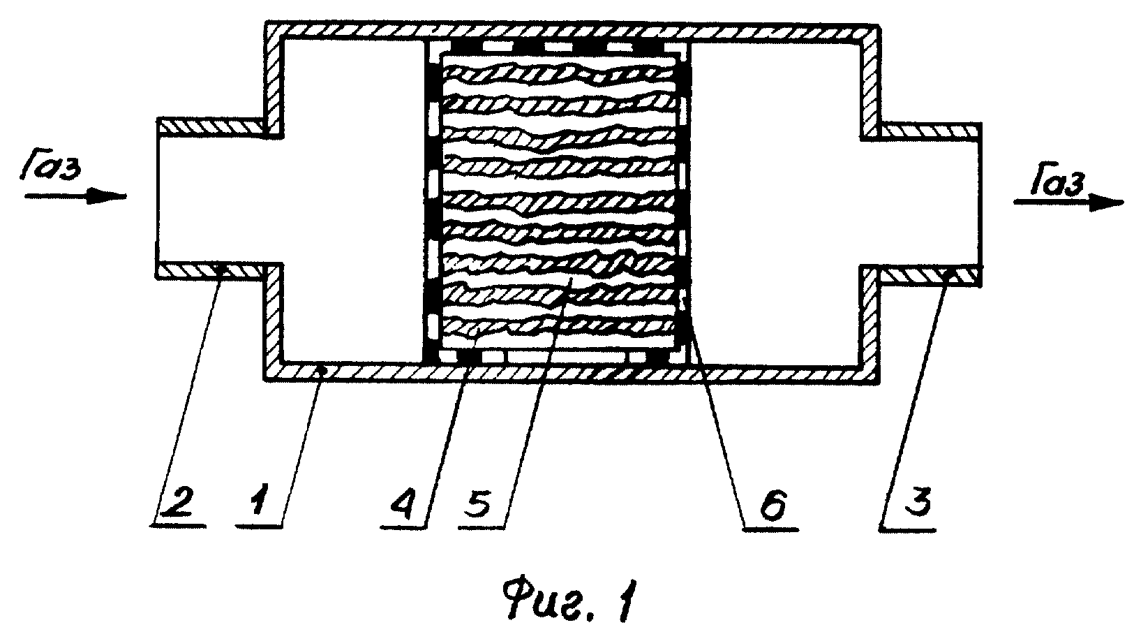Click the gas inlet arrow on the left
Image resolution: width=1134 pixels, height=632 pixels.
75,196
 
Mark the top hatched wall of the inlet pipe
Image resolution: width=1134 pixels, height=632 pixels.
211,126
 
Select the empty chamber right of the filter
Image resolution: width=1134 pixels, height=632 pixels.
775,203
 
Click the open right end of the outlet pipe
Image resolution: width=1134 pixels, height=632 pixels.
980,202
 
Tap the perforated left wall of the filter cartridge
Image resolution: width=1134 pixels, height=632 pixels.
431,203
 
